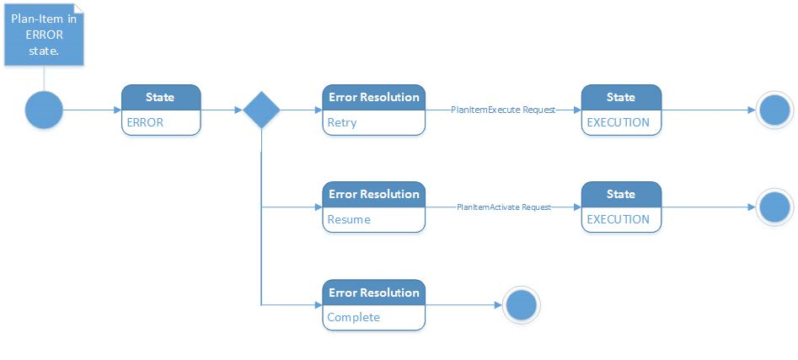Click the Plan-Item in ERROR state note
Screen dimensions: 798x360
tap(44, 35)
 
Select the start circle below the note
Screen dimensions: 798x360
tap(44, 110)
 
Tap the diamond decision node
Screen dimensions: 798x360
tap(261, 110)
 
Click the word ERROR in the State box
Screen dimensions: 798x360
tap(145, 123)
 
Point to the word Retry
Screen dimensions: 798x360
tap(342, 123)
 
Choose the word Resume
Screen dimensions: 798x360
tap(349, 219)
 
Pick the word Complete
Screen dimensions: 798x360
tap(353, 318)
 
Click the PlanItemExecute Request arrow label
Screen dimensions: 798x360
tap(503, 110)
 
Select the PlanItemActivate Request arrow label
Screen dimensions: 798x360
tap(504, 207)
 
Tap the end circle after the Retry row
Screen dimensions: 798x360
tap(774, 110)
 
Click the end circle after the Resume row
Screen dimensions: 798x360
tap(774, 207)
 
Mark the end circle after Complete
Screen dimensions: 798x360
tap(521, 305)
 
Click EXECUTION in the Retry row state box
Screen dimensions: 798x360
tap(619, 123)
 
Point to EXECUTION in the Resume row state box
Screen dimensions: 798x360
tap(619, 219)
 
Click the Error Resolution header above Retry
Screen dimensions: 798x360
tap(374, 97)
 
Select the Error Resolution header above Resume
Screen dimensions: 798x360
tap(374, 195)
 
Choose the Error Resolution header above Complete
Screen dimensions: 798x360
tap(374, 293)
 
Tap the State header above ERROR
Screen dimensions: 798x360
tap(161, 97)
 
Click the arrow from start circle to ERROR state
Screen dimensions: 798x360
tap(92, 110)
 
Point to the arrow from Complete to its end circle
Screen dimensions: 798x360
tap(463, 305)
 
